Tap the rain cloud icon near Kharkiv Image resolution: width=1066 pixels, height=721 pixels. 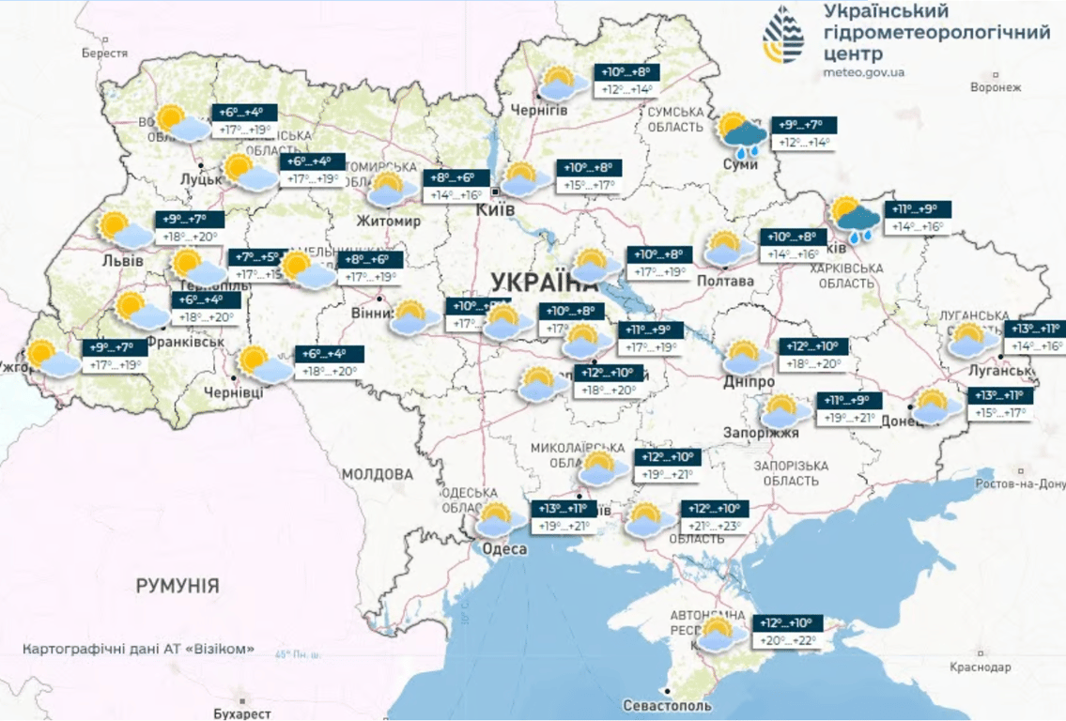855,219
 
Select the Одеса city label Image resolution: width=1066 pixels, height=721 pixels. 504,549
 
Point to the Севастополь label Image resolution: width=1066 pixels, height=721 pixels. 667,705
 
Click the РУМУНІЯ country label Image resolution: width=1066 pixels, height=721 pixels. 178,587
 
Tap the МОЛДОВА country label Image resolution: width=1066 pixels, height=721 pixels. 378,474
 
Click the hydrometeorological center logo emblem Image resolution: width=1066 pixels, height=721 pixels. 782,34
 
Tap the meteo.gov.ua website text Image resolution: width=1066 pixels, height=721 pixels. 864,72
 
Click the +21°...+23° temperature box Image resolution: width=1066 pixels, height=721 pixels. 717,526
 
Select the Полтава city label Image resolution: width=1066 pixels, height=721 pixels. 726,281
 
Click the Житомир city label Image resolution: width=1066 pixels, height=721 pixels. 388,222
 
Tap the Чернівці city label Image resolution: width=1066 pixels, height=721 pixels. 234,391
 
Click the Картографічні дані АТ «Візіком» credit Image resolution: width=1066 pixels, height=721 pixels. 139,649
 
